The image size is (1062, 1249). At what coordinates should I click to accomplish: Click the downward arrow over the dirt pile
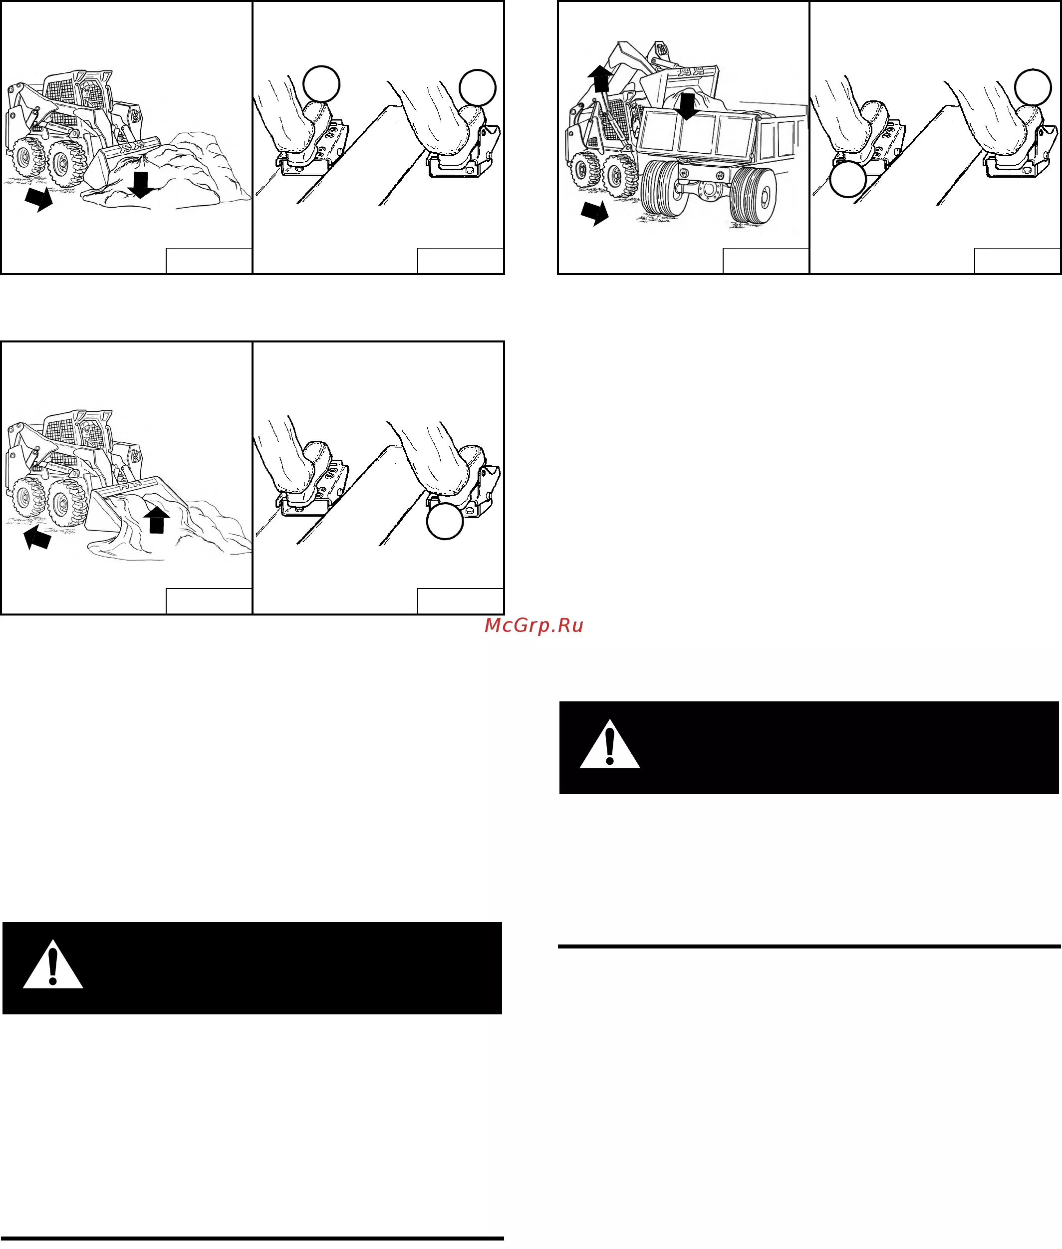[x=141, y=185]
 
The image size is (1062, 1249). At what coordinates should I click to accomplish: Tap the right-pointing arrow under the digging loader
[x=39, y=199]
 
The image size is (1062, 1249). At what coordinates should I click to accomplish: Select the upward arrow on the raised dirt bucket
[x=157, y=519]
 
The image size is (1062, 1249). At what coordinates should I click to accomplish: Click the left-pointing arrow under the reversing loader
[x=37, y=537]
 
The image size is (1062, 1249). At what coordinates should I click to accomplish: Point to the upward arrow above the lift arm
[x=600, y=78]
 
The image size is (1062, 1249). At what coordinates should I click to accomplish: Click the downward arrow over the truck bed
[x=686, y=106]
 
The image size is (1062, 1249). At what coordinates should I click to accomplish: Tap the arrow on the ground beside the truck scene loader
[x=595, y=213]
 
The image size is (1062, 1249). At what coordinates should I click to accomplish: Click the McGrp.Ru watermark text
[x=534, y=625]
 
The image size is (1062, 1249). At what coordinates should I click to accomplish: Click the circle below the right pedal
[x=445, y=521]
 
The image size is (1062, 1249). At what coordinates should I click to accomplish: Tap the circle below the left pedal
[x=848, y=179]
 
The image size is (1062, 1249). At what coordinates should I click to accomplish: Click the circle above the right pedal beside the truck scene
[x=1033, y=87]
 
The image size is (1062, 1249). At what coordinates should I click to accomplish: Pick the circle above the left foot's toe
[x=321, y=84]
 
